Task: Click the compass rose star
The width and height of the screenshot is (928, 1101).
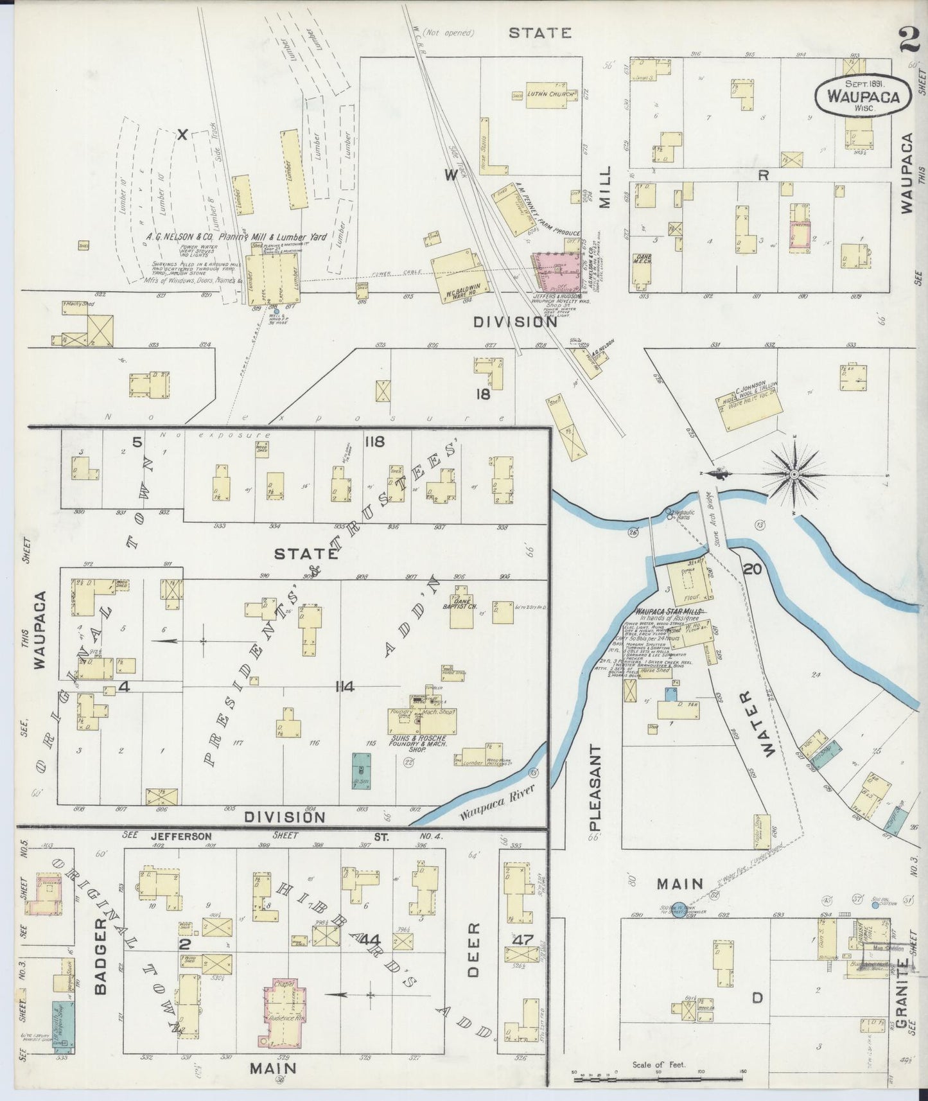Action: pos(794,475)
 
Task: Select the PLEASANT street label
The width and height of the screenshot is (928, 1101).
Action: pos(595,788)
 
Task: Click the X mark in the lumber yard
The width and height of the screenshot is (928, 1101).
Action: pos(182,135)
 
